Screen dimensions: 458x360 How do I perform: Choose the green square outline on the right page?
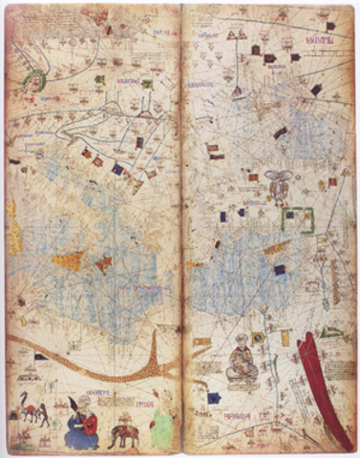click(303, 219)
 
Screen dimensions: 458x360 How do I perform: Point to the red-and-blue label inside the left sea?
click(125, 286)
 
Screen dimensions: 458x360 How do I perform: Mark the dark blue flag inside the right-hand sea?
click(280, 270)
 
